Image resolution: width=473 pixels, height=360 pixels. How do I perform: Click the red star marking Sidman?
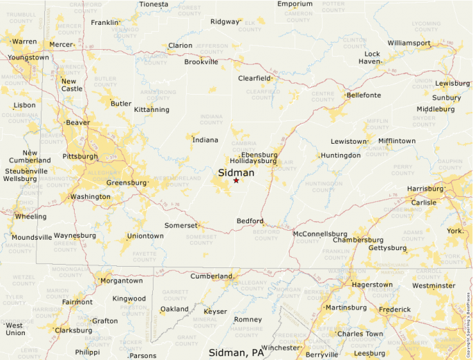(x=236, y=180)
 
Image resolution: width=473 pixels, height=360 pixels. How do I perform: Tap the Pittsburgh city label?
(x=80, y=156)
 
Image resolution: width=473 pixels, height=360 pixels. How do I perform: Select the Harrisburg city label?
(x=425, y=189)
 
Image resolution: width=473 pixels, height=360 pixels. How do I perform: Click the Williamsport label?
(x=409, y=43)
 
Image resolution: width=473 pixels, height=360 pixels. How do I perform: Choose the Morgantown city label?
(x=121, y=281)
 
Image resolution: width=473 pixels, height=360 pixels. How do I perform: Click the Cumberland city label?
(x=212, y=276)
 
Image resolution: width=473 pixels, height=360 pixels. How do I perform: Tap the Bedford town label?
(x=250, y=221)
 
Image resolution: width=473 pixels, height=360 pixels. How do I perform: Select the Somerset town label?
(x=181, y=225)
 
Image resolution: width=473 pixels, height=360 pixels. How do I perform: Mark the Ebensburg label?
(x=259, y=155)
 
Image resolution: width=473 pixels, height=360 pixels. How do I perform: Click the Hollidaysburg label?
(x=253, y=161)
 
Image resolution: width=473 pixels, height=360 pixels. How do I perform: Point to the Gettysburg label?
(x=388, y=247)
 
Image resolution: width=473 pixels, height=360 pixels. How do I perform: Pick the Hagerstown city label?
(x=372, y=285)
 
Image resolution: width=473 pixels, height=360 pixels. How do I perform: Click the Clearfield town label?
(x=255, y=78)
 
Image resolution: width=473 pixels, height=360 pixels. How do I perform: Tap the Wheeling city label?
(x=31, y=216)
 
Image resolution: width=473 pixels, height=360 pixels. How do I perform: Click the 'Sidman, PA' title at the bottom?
(x=236, y=352)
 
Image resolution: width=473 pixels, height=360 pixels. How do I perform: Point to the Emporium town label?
(x=295, y=4)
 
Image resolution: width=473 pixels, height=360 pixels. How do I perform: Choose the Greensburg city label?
(x=127, y=183)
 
